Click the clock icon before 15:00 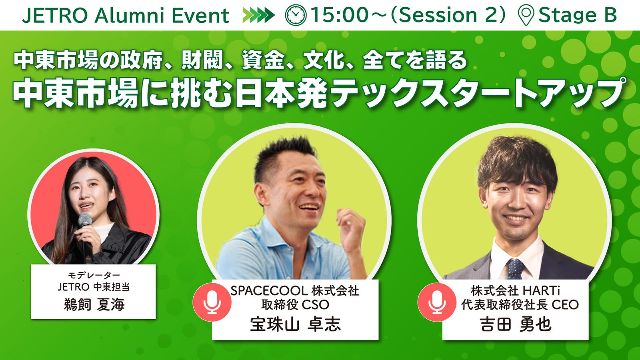(x=296, y=15)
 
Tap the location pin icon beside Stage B (x=526, y=15)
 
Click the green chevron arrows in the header (x=258, y=15)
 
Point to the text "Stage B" (x=578, y=15)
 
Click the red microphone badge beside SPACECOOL (x=212, y=302)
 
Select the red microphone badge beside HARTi (x=437, y=302)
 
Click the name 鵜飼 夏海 (x=94, y=304)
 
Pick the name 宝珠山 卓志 (x=295, y=324)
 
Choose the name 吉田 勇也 (x=516, y=324)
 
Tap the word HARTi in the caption (x=541, y=291)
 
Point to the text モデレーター (x=94, y=276)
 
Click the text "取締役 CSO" (x=295, y=305)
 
